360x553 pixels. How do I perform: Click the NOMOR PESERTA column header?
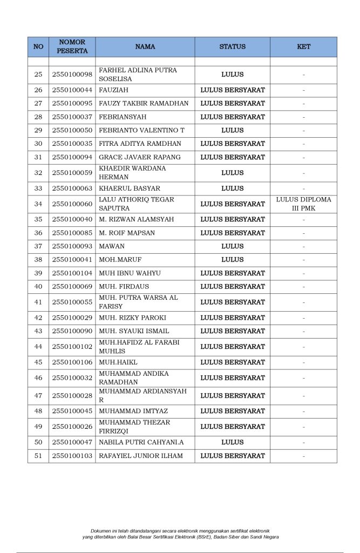[x=72, y=46]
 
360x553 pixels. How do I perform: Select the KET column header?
[x=303, y=47]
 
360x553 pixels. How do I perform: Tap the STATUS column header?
[x=232, y=47]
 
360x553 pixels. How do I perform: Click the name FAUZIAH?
[x=113, y=90]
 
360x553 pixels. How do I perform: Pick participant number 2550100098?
[x=72, y=75]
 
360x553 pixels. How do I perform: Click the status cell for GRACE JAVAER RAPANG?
[x=232, y=157]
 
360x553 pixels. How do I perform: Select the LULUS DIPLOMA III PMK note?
[x=303, y=204]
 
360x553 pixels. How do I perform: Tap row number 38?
[x=38, y=260]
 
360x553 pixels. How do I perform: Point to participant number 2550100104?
[x=72, y=273]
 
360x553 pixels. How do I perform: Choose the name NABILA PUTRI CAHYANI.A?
[x=141, y=442]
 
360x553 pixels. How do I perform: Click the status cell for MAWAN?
[x=232, y=246]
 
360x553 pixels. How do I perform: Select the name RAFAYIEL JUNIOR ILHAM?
[x=140, y=456]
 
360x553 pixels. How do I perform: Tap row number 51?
[x=38, y=456]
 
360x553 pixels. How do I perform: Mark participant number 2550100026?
[x=72, y=427]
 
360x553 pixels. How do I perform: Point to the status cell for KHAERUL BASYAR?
[x=232, y=188]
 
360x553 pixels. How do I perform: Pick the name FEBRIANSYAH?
[x=123, y=117]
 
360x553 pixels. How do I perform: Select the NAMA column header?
[x=145, y=47]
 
